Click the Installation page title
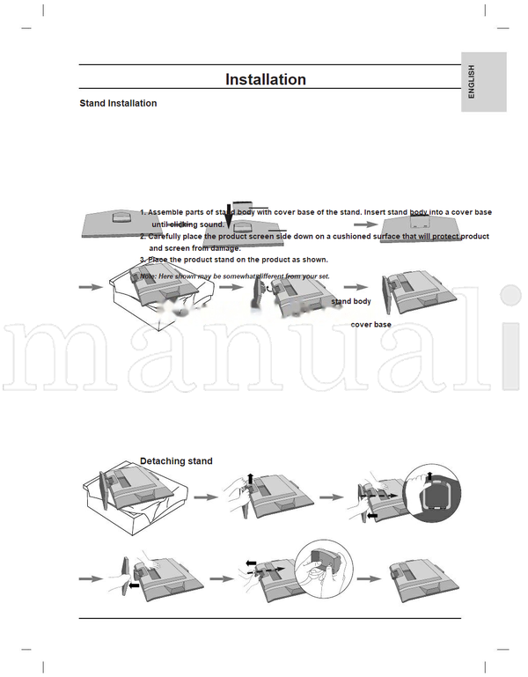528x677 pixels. [266, 79]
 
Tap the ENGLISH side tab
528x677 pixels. [472, 82]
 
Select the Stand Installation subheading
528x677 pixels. [118, 104]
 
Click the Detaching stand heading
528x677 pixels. [176, 460]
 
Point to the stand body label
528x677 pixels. [351, 301]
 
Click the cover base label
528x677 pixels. [370, 325]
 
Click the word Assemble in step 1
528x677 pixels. [168, 213]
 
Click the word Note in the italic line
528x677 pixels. [148, 276]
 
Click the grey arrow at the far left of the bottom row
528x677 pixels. [91, 578]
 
